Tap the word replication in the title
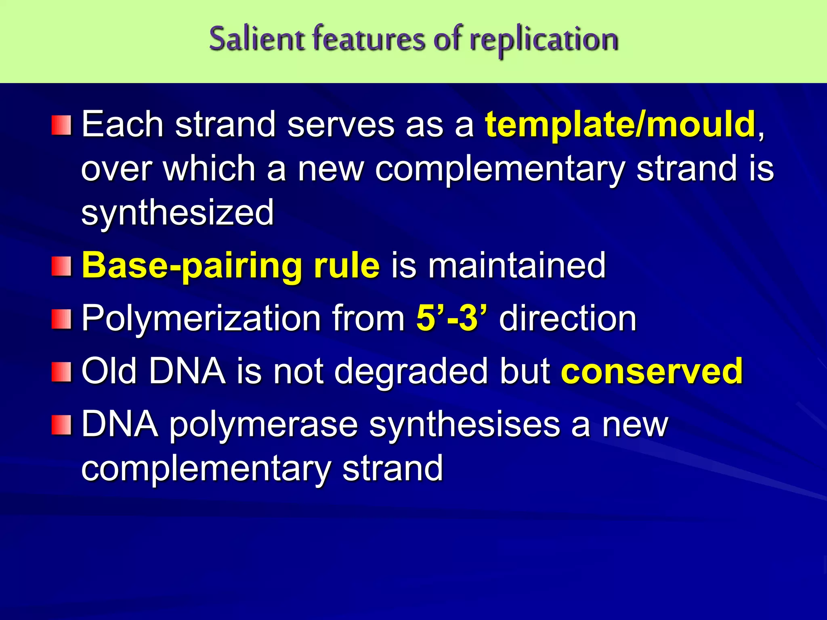tap(544, 40)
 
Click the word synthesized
tap(178, 212)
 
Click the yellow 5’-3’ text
tap(451, 318)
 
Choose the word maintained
tap(517, 265)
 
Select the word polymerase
tap(263, 425)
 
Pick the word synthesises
tap(464, 425)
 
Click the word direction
tap(568, 318)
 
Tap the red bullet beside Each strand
tap(61, 125)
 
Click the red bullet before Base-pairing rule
tap(61, 266)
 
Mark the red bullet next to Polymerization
tap(61, 319)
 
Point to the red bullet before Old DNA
tap(61, 371)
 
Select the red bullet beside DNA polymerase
tap(61, 425)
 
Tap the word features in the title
tap(369, 39)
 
